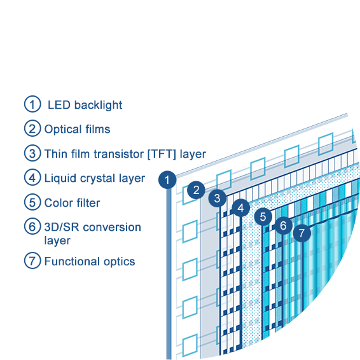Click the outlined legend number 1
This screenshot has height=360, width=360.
[x=32, y=104]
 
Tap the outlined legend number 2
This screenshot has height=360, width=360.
[x=32, y=128]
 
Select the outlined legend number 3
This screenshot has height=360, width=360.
[x=32, y=153]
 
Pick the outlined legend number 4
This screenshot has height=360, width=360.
[x=32, y=177]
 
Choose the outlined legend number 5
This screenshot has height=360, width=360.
[x=32, y=202]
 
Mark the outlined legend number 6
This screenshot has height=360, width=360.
[x=32, y=226]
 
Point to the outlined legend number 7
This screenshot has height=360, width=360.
[x=32, y=261]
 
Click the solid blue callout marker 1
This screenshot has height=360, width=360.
[x=167, y=180]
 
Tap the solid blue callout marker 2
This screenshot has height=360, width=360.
[x=196, y=190]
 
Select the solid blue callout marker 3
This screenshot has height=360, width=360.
[x=217, y=198]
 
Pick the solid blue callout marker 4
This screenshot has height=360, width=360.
[x=240, y=208]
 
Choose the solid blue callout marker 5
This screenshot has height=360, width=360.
[x=263, y=217]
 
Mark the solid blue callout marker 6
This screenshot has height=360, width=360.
[x=283, y=225]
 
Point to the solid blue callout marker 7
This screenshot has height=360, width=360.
[x=302, y=233]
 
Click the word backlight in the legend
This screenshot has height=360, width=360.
[x=98, y=105]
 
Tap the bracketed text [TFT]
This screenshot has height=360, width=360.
[x=162, y=154]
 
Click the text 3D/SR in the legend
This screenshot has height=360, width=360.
[x=62, y=227]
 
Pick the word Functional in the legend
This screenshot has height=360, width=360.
[x=72, y=261]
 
